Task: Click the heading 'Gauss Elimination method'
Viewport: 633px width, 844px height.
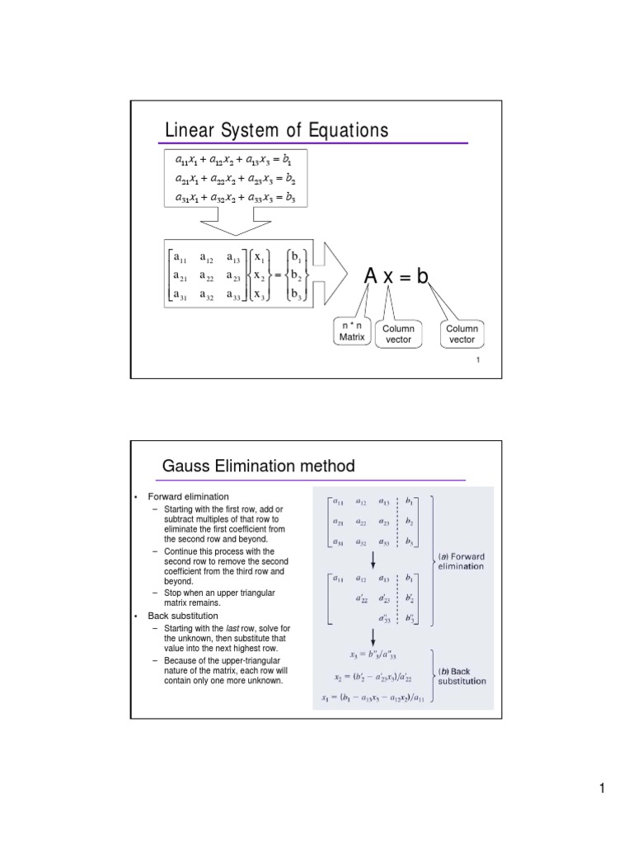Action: tap(259, 467)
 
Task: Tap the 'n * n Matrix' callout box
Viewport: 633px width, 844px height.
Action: tap(352, 331)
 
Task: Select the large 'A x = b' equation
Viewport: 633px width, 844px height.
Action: tap(397, 277)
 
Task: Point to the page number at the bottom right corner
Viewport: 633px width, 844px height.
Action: tap(603, 789)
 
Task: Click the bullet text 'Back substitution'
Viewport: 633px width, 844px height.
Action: tap(183, 616)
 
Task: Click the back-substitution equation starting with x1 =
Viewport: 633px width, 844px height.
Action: tap(373, 698)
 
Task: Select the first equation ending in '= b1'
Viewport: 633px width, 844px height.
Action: tap(235, 158)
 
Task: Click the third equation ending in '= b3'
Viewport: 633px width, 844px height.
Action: tap(235, 198)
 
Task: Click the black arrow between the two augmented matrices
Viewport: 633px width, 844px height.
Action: tap(373, 560)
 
